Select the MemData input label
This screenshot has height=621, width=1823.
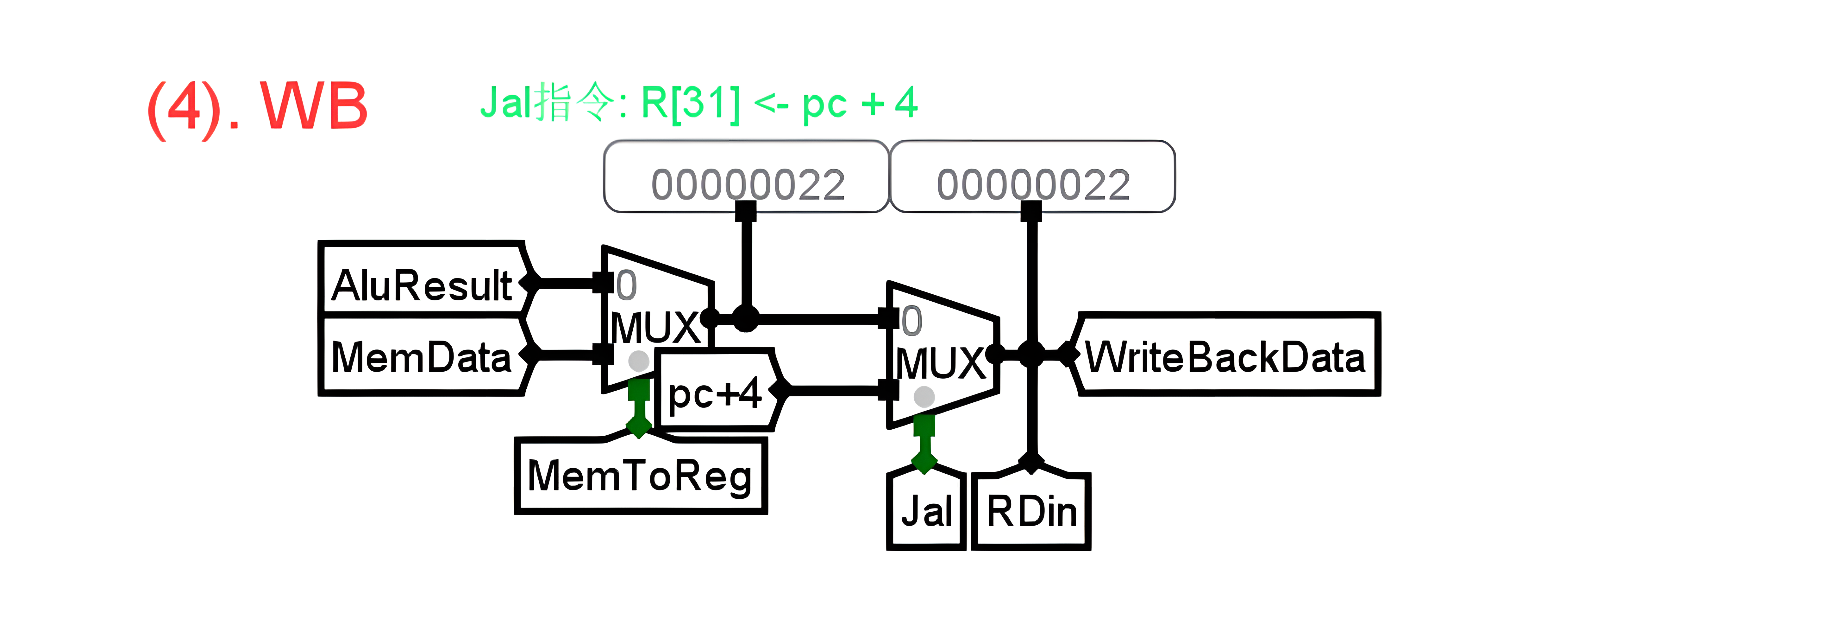(422, 356)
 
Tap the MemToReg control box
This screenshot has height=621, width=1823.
(641, 475)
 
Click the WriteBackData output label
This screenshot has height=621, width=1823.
(1226, 356)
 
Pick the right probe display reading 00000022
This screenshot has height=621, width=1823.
(1032, 183)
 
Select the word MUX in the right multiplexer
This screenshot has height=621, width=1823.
(941, 363)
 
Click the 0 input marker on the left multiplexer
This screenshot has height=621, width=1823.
(626, 286)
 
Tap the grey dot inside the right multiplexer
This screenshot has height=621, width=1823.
(924, 397)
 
